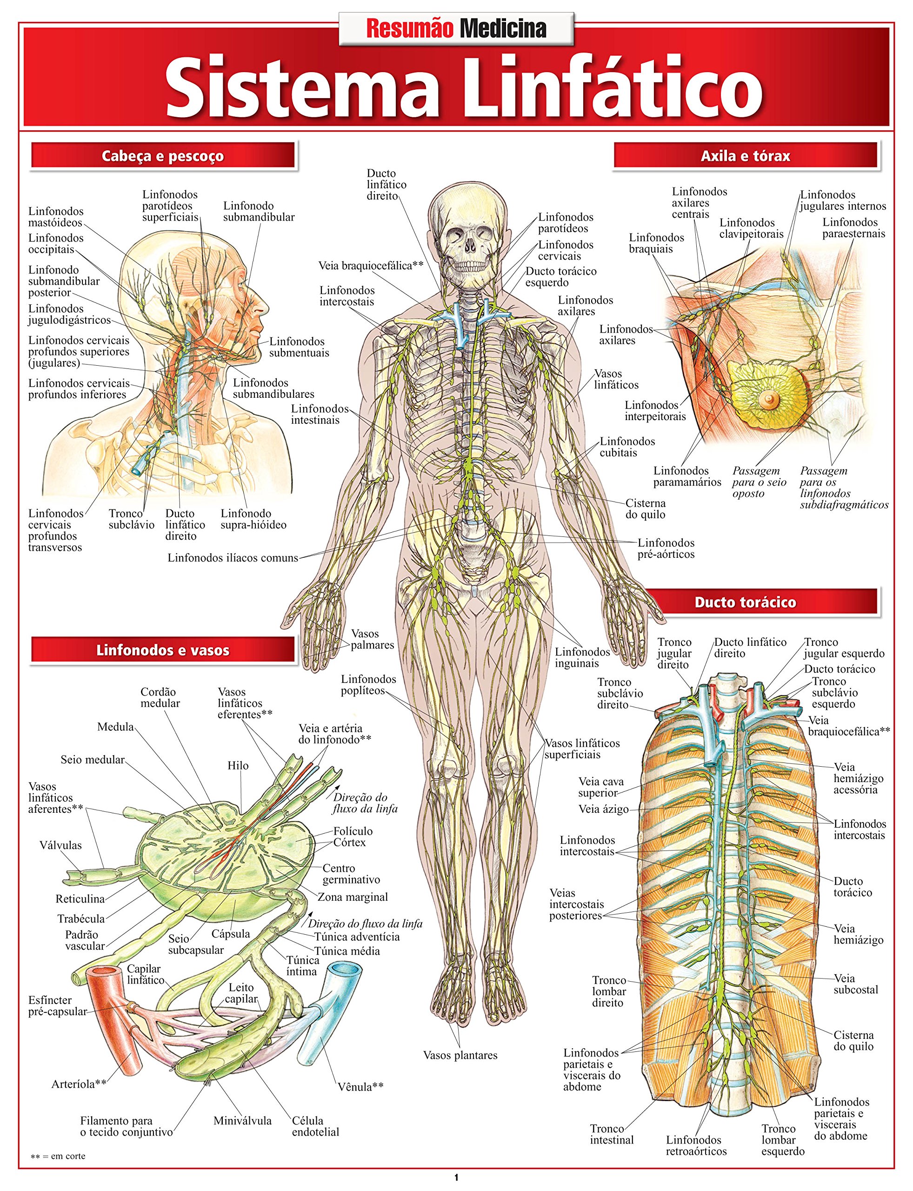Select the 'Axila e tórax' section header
coord(745,156)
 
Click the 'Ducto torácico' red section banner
coord(745,602)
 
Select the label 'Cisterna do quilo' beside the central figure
coord(645,509)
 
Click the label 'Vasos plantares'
coord(460,1055)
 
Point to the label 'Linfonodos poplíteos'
coord(368,684)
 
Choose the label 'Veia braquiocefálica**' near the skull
coord(371,265)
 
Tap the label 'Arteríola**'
coord(79,1084)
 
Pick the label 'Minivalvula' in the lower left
coord(242,1120)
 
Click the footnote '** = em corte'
coord(58,1156)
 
